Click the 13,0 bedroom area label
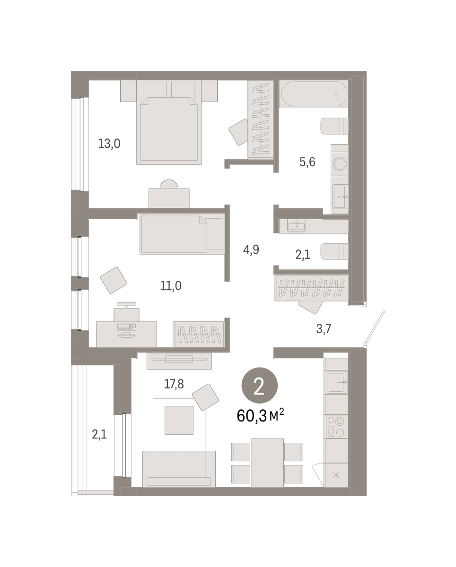pyautogui.click(x=109, y=144)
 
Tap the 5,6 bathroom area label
pyautogui.click(x=307, y=162)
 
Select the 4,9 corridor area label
pyautogui.click(x=251, y=249)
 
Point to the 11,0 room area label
pyautogui.click(x=171, y=285)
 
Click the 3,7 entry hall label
pyautogui.click(x=324, y=328)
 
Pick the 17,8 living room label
pyautogui.click(x=174, y=384)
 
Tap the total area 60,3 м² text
pyautogui.click(x=260, y=416)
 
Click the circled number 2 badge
pyautogui.click(x=260, y=386)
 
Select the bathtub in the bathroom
pyautogui.click(x=314, y=94)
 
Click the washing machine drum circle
pyautogui.click(x=340, y=163)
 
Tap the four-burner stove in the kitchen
pyautogui.click(x=336, y=427)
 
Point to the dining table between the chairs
pyautogui.click(x=267, y=463)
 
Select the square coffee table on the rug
pyautogui.click(x=179, y=420)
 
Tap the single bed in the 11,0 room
pyautogui.click(x=182, y=234)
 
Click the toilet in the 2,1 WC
pyautogui.click(x=334, y=251)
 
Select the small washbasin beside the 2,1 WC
pyautogui.click(x=297, y=225)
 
